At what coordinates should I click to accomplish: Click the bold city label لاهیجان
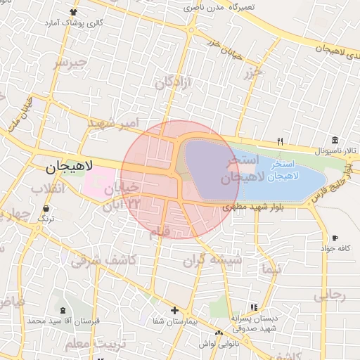[70, 167]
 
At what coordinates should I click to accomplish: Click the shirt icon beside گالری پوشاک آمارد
[75, 13]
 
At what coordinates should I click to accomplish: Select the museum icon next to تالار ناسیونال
[335, 140]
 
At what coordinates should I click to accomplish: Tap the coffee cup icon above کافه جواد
[335, 238]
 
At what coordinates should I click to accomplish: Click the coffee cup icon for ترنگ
[46, 208]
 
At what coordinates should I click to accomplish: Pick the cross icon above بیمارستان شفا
[175, 310]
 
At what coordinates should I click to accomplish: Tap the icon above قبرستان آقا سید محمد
[64, 310]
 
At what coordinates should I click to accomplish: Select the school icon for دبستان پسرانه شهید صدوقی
[254, 307]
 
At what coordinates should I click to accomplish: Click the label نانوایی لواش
[218, 342]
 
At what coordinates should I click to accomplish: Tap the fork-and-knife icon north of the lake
[280, 141]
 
